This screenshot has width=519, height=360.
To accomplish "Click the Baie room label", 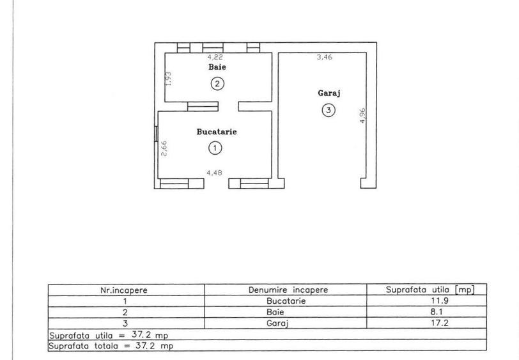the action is tap(217, 67).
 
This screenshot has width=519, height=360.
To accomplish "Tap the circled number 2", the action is tap(217, 84).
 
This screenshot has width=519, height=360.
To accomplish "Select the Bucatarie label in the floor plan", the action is tap(217, 132).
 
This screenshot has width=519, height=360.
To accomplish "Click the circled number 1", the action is tap(215, 148).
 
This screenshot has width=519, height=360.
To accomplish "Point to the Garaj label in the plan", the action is tap(329, 93).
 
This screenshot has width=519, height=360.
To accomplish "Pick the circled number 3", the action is tap(329, 110).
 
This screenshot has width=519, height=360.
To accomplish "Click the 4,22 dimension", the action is tap(215, 57).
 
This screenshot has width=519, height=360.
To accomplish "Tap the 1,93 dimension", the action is tap(169, 79).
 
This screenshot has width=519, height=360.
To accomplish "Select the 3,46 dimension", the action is tap(325, 57).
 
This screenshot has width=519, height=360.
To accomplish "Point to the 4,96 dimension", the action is tap(363, 116).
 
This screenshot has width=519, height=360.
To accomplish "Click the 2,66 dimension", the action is tap(164, 148).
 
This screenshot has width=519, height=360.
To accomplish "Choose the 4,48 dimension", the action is tap(215, 173).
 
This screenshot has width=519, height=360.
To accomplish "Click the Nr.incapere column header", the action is tap(124, 290).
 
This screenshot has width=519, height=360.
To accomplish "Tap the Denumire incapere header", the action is tap(288, 290).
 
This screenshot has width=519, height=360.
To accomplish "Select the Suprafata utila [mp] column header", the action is tap(430, 290).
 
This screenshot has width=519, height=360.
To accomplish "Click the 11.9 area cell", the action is tap(440, 301).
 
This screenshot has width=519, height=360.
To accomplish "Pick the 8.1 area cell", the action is tap(437, 311).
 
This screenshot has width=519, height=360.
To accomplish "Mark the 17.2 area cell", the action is tap(440, 322).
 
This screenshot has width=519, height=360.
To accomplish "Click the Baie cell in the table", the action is tap(275, 312).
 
